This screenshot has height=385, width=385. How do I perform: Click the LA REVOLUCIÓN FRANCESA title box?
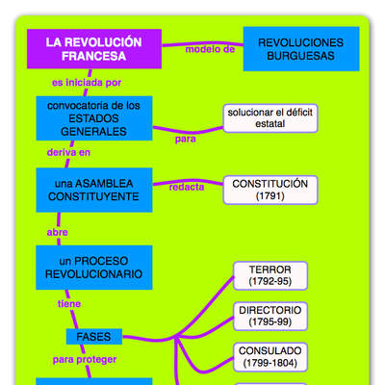(x=93, y=49)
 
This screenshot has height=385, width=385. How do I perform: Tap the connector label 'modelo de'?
(x=210, y=49)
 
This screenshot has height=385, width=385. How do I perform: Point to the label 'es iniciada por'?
(x=86, y=83)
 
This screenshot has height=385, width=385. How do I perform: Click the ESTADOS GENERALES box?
(x=93, y=117)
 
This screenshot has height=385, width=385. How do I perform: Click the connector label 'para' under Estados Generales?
(x=185, y=139)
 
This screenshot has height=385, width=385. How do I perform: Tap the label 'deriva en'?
(x=69, y=153)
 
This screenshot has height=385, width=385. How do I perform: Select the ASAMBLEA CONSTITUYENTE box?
(x=93, y=190)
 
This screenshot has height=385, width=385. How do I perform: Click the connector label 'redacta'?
(x=187, y=188)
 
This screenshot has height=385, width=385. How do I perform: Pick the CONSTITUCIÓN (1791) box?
(x=269, y=190)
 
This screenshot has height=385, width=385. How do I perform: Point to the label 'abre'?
(x=58, y=232)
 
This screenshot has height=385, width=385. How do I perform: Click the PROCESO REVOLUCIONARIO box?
(x=93, y=268)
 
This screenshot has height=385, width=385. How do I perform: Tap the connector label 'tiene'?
(x=68, y=303)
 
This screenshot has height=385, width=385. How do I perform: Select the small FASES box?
(x=93, y=336)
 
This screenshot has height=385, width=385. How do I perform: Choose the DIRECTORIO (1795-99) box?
(x=269, y=317)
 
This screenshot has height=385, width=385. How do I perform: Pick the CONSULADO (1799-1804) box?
(x=269, y=357)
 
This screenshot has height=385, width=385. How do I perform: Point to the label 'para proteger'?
(x=85, y=360)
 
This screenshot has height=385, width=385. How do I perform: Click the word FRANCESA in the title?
(x=92, y=57)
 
